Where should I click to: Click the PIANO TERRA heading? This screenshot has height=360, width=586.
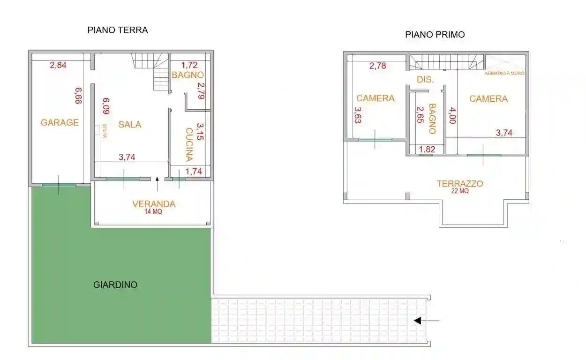click(x=118, y=30)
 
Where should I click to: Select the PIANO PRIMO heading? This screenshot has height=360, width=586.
click(x=435, y=35)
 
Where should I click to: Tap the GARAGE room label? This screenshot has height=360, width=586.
click(x=60, y=122)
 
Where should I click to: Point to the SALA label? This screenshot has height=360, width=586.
click(x=130, y=124)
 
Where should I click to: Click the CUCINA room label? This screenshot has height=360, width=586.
click(x=189, y=144)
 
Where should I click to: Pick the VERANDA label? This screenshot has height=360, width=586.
click(x=154, y=204)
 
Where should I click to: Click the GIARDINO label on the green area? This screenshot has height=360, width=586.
click(x=115, y=285)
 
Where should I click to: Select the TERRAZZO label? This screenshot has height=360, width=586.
click(x=460, y=184)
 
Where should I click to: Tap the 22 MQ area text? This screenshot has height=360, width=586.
click(x=460, y=191)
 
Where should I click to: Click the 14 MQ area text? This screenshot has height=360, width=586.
click(x=154, y=211)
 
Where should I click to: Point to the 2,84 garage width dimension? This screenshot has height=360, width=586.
click(x=58, y=65)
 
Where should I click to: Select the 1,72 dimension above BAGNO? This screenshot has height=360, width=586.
click(x=189, y=65)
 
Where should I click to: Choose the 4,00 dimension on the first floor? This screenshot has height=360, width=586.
click(x=453, y=115)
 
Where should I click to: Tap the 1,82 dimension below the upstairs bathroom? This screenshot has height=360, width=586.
click(x=427, y=150)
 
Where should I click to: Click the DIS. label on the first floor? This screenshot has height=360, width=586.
click(x=424, y=80)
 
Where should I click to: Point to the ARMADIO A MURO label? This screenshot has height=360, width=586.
click(x=504, y=74)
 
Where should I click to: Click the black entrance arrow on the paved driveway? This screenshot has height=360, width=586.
click(x=427, y=321)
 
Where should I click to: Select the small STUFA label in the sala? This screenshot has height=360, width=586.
click(x=104, y=130)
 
